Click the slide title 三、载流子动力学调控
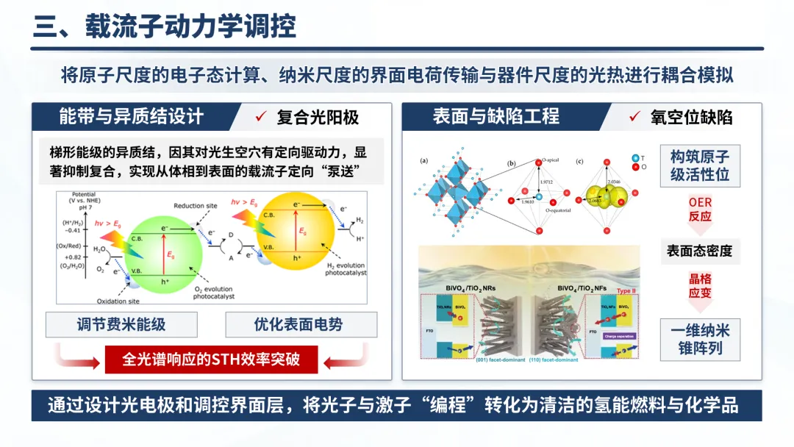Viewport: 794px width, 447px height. point(165,26)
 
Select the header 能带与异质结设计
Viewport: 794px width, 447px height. point(132,116)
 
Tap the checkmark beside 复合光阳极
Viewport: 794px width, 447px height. point(259,117)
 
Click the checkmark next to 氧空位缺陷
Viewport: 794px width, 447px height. point(634,117)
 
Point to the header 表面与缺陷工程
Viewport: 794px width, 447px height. point(496,116)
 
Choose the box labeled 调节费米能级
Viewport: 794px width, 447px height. point(122,324)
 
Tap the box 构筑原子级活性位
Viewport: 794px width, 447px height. point(699,166)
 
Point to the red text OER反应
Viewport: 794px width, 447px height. point(700,209)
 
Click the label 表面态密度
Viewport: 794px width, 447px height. point(699,251)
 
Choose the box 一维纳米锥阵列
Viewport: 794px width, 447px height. point(699,339)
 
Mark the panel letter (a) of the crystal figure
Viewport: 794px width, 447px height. point(423,160)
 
